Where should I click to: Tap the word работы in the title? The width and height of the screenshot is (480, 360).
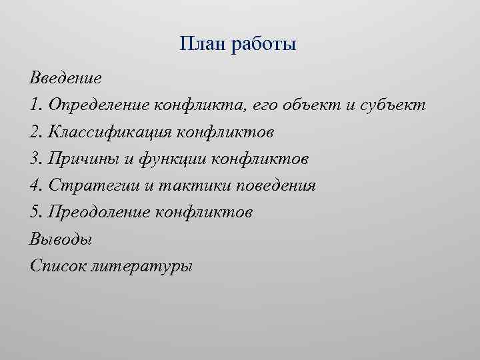point(263,46)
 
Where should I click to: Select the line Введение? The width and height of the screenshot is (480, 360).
point(65,79)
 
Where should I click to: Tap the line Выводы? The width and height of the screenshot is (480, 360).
point(61,239)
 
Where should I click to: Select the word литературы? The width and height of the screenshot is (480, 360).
point(143,265)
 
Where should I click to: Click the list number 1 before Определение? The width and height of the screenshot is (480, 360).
point(33,105)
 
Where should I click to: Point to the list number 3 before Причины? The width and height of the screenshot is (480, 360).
point(34,159)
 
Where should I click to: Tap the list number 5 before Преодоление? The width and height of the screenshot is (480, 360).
point(34,212)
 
